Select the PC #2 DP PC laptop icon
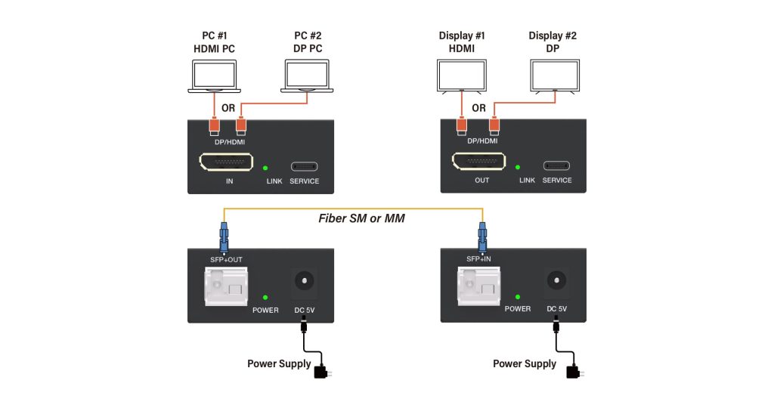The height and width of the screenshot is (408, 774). (x=307, y=76)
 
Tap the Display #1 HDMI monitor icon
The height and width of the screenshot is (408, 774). (x=462, y=76)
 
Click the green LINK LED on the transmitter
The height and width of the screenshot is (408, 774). (x=265, y=167)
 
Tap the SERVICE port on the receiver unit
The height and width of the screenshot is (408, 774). (x=556, y=166)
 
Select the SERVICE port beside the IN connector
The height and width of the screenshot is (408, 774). (x=304, y=166)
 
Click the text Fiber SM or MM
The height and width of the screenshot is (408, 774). (x=361, y=219)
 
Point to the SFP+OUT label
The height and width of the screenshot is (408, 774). (x=226, y=260)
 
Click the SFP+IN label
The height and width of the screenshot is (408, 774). (x=478, y=260)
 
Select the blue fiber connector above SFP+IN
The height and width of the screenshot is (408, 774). (x=481, y=236)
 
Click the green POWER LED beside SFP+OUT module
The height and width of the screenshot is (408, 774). (x=265, y=297)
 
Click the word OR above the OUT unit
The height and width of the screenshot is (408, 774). (x=478, y=108)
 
